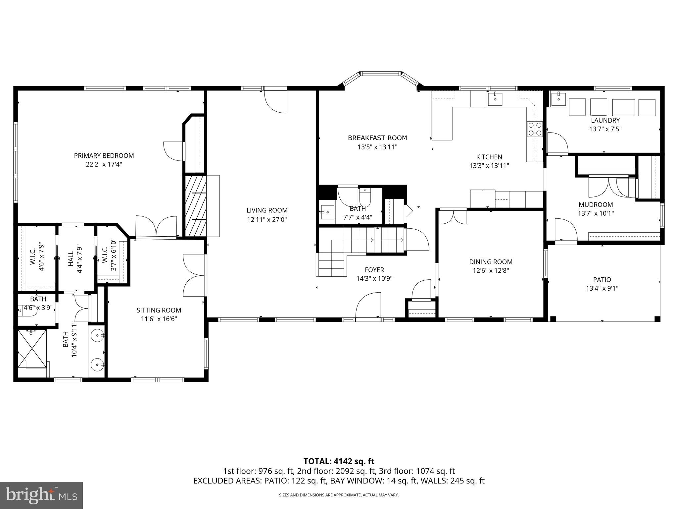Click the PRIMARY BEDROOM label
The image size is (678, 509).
(x=104, y=155)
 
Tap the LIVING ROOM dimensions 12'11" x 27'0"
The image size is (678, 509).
(x=267, y=219)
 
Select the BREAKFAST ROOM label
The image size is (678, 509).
(x=377, y=138)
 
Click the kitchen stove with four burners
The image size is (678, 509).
(x=535, y=129)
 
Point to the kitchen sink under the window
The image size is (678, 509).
(x=495, y=99)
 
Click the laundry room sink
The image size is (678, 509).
(x=558, y=99)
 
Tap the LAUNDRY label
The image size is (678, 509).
(x=605, y=120)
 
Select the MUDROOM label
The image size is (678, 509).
(x=596, y=205)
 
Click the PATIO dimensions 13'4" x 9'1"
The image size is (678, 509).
(x=602, y=288)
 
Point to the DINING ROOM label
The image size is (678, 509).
(x=491, y=262)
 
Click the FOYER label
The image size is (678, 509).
(x=374, y=270)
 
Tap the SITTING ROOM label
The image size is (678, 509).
(x=159, y=310)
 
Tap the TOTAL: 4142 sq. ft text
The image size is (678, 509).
(x=339, y=461)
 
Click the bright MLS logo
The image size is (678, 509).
(x=41, y=495)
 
